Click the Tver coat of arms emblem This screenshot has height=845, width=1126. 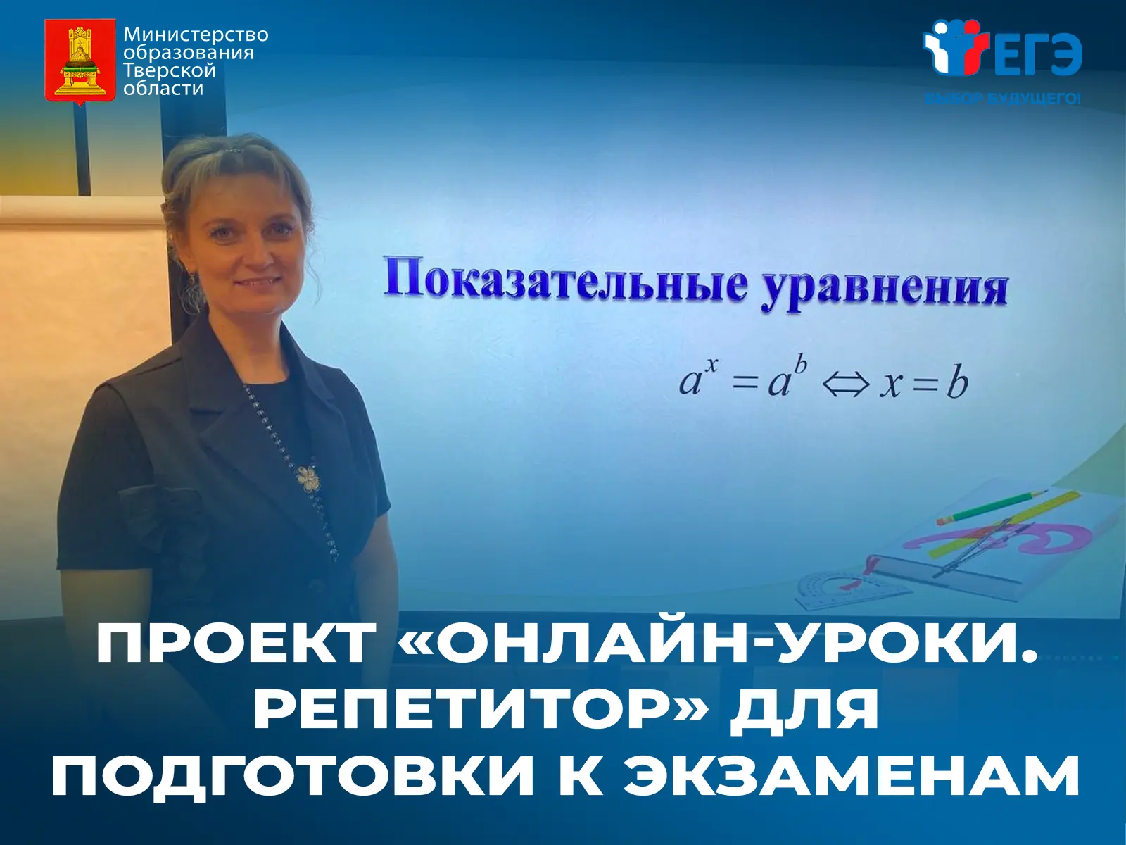tap(80, 62)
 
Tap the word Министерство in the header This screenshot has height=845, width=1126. tap(196, 35)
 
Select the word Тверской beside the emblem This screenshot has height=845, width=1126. tap(170, 71)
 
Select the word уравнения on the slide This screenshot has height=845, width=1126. tap(884, 290)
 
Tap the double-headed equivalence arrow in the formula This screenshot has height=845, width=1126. tap(845, 384)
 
